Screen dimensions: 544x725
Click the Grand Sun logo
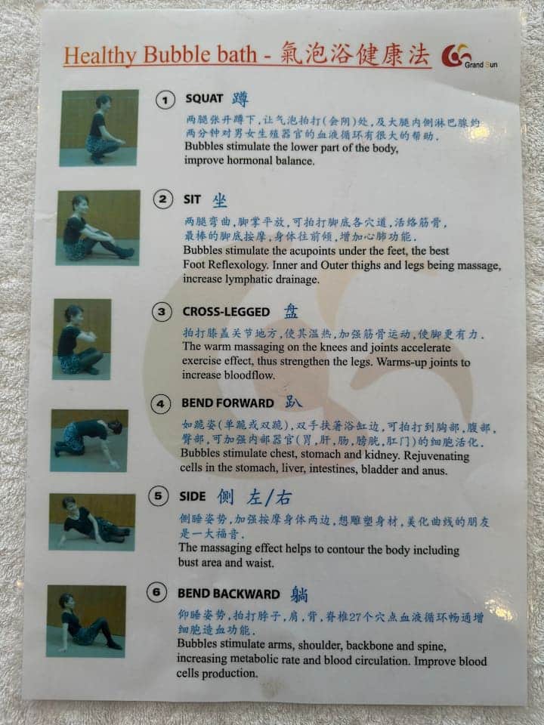point(469,57)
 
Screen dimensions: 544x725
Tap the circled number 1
point(165,100)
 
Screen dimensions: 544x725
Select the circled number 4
point(160,404)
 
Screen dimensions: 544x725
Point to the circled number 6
point(156,592)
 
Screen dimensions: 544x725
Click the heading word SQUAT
point(204,98)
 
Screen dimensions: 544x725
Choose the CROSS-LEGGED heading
point(226,312)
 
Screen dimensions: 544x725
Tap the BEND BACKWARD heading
point(228,594)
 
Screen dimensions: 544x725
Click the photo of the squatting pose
point(99,128)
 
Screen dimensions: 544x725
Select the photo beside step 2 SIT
point(98,227)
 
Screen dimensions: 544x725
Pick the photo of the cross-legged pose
point(82,339)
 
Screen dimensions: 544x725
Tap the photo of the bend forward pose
point(89,440)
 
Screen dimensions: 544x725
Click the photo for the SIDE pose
point(92,522)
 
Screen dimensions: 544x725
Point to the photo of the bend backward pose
point(86,621)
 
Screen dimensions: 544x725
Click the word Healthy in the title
point(100,55)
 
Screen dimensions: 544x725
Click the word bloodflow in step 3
point(249,375)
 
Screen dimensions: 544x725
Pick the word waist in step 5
point(261,563)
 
